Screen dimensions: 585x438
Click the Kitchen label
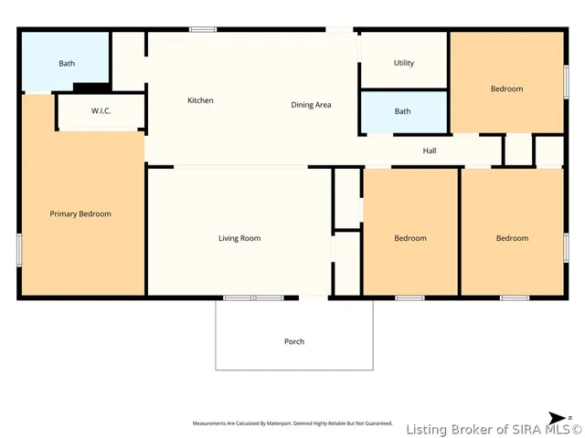pos(200,100)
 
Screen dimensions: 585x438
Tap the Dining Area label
pos(311,105)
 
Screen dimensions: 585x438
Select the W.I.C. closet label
pos(101,110)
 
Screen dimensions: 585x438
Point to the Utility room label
pos(404,63)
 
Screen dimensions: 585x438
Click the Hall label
pos(430,151)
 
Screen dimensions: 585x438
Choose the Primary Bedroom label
pos(80,214)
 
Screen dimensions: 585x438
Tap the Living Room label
pos(239,238)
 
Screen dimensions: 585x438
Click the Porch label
pos(294,341)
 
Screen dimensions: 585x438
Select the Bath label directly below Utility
pos(402,111)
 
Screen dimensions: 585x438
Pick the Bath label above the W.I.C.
pos(67,63)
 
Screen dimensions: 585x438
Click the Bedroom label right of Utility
pos(506,89)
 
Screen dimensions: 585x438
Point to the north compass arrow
pos(557,418)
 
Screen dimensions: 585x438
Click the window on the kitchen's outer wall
pos(203,29)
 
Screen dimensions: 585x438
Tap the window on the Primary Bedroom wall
pos(19,250)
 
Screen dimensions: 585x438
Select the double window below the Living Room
pos(253,298)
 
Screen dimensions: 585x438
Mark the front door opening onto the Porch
pos(314,298)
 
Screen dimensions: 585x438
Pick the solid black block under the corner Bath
pos(91,88)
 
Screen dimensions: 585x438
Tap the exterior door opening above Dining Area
pos(339,29)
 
